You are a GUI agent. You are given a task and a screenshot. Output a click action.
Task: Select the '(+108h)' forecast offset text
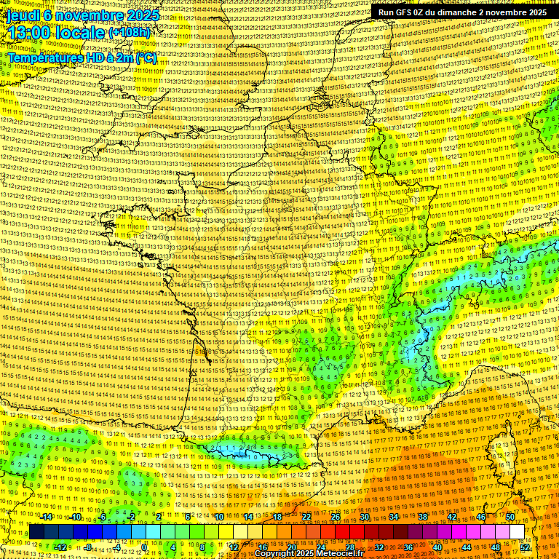(x=129, y=33)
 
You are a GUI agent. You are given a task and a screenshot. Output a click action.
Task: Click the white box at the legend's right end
(x=517, y=532)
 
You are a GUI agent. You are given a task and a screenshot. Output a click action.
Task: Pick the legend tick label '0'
(x=145, y=547)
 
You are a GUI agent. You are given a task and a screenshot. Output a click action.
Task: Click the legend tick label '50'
(x=510, y=517)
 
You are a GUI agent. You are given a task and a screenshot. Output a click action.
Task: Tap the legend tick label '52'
(x=525, y=547)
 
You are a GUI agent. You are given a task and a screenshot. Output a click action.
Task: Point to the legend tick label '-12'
(x=60, y=547)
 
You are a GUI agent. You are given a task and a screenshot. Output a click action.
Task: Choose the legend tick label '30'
(x=364, y=517)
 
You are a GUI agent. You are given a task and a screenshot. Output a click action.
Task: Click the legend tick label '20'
(x=291, y=547)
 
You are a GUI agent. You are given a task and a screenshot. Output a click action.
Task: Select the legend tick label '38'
(x=422, y=517)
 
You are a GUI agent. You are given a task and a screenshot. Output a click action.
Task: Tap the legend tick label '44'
(x=466, y=547)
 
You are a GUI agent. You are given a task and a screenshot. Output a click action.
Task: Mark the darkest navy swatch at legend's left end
(x=36, y=532)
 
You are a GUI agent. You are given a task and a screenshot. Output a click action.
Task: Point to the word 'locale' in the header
(x=82, y=33)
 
